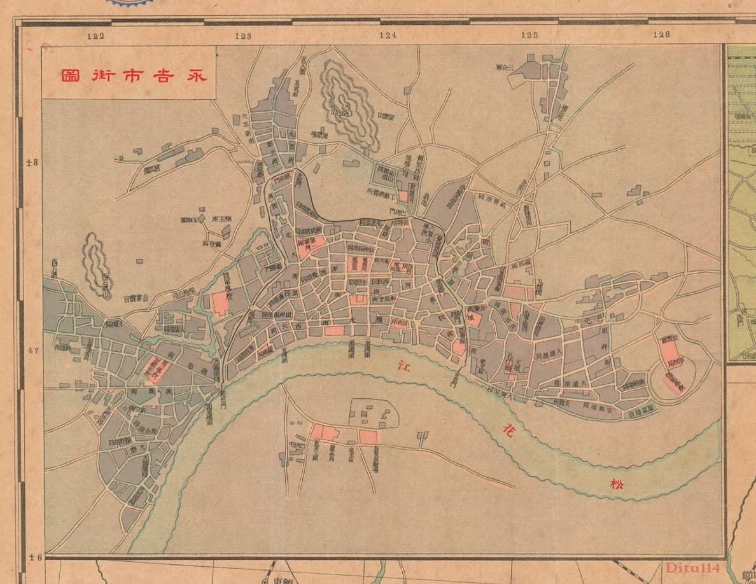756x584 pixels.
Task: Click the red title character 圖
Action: click(x=69, y=76)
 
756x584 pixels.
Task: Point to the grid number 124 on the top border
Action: click(x=388, y=36)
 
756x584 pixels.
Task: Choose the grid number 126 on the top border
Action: click(x=662, y=36)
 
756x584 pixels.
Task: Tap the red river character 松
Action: click(x=618, y=484)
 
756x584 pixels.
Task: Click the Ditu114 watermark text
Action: click(x=692, y=568)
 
